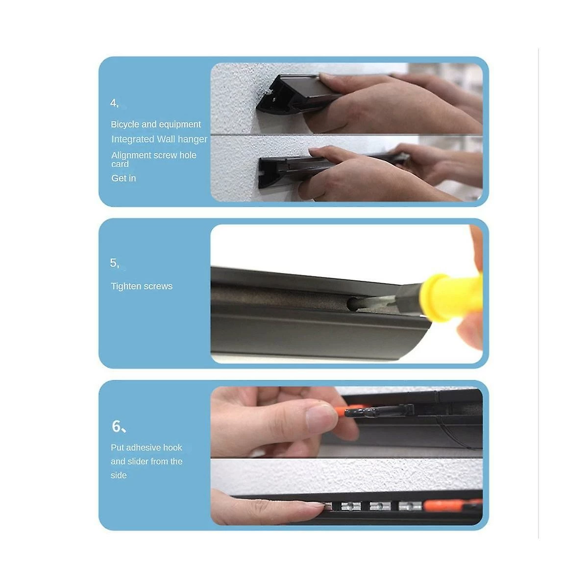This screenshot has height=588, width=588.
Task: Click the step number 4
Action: [114, 103]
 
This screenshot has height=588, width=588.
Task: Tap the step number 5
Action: [114, 263]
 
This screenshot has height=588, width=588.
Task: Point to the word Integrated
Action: [133, 140]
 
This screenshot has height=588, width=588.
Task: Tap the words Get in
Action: [123, 178]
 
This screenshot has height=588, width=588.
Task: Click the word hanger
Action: [192, 140]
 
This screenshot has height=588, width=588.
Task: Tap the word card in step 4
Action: [120, 165]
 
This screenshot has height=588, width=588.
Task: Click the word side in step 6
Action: [119, 475]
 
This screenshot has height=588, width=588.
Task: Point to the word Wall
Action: [166, 139]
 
